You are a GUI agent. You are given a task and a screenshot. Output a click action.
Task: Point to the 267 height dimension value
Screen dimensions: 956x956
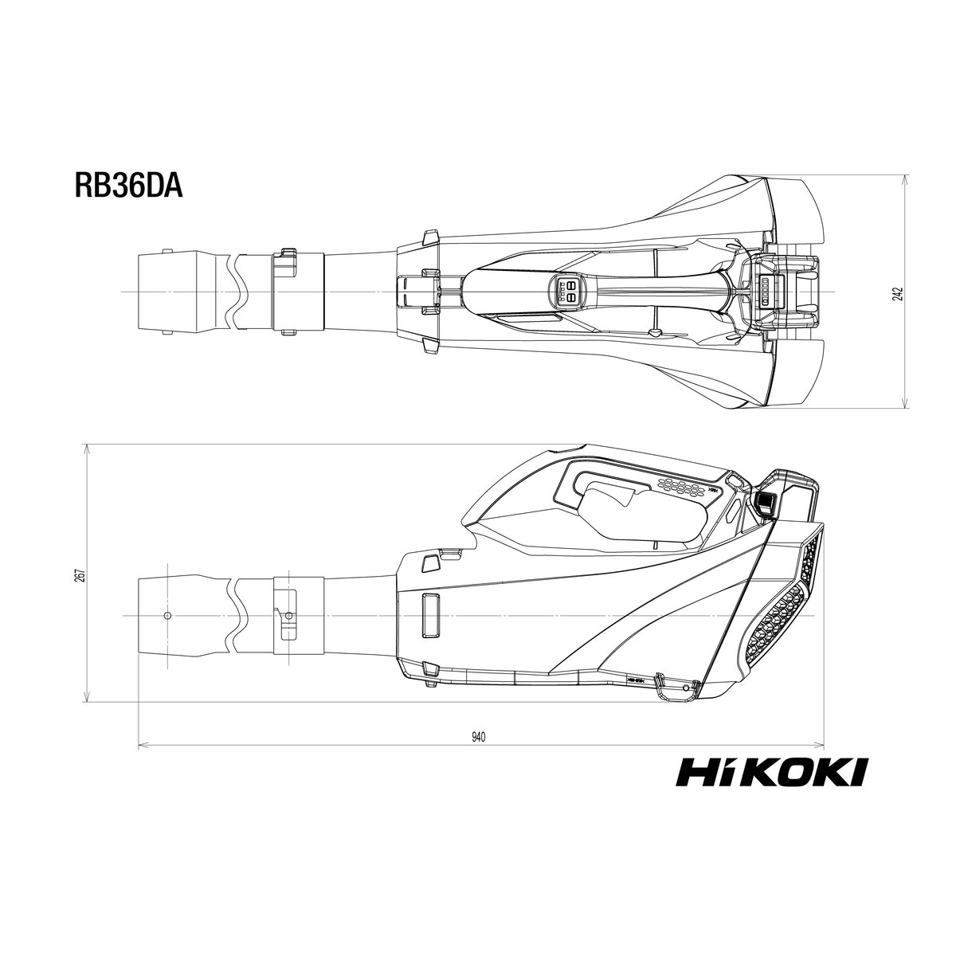point(82,574)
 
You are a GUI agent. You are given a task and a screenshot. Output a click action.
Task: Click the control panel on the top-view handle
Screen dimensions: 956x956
point(567,292)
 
